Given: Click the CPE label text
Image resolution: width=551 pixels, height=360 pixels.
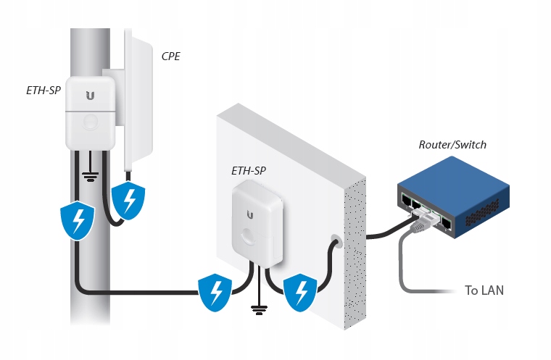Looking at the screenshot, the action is click(171, 56).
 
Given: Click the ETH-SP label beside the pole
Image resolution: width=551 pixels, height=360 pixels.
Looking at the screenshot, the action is click(43, 91).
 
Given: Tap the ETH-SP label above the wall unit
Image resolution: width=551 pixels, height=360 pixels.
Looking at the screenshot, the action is click(249, 171).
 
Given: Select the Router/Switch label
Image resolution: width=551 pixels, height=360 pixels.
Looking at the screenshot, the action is click(452, 145).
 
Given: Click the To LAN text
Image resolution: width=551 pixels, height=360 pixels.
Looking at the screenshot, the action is click(484, 290).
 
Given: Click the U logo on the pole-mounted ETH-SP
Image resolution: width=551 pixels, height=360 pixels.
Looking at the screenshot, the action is click(91, 96).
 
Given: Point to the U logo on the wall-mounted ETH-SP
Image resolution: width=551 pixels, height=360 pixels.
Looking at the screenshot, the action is click(250, 215).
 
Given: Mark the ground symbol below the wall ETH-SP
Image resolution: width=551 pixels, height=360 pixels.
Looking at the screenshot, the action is click(259, 310).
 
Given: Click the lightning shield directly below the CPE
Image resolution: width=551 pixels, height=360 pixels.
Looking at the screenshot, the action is click(128, 201).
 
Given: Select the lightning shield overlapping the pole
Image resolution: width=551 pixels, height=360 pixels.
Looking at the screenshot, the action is click(78, 220).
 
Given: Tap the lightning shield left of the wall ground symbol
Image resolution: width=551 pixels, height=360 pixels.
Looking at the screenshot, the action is click(215, 292).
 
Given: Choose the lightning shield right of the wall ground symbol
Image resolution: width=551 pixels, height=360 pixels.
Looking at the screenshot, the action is click(300, 292).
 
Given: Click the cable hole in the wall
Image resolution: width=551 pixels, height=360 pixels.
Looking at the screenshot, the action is click(336, 243).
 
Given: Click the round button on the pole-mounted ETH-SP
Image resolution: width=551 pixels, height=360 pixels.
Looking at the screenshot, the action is click(91, 122).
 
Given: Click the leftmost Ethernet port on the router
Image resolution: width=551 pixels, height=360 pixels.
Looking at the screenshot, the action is click(406, 201).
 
